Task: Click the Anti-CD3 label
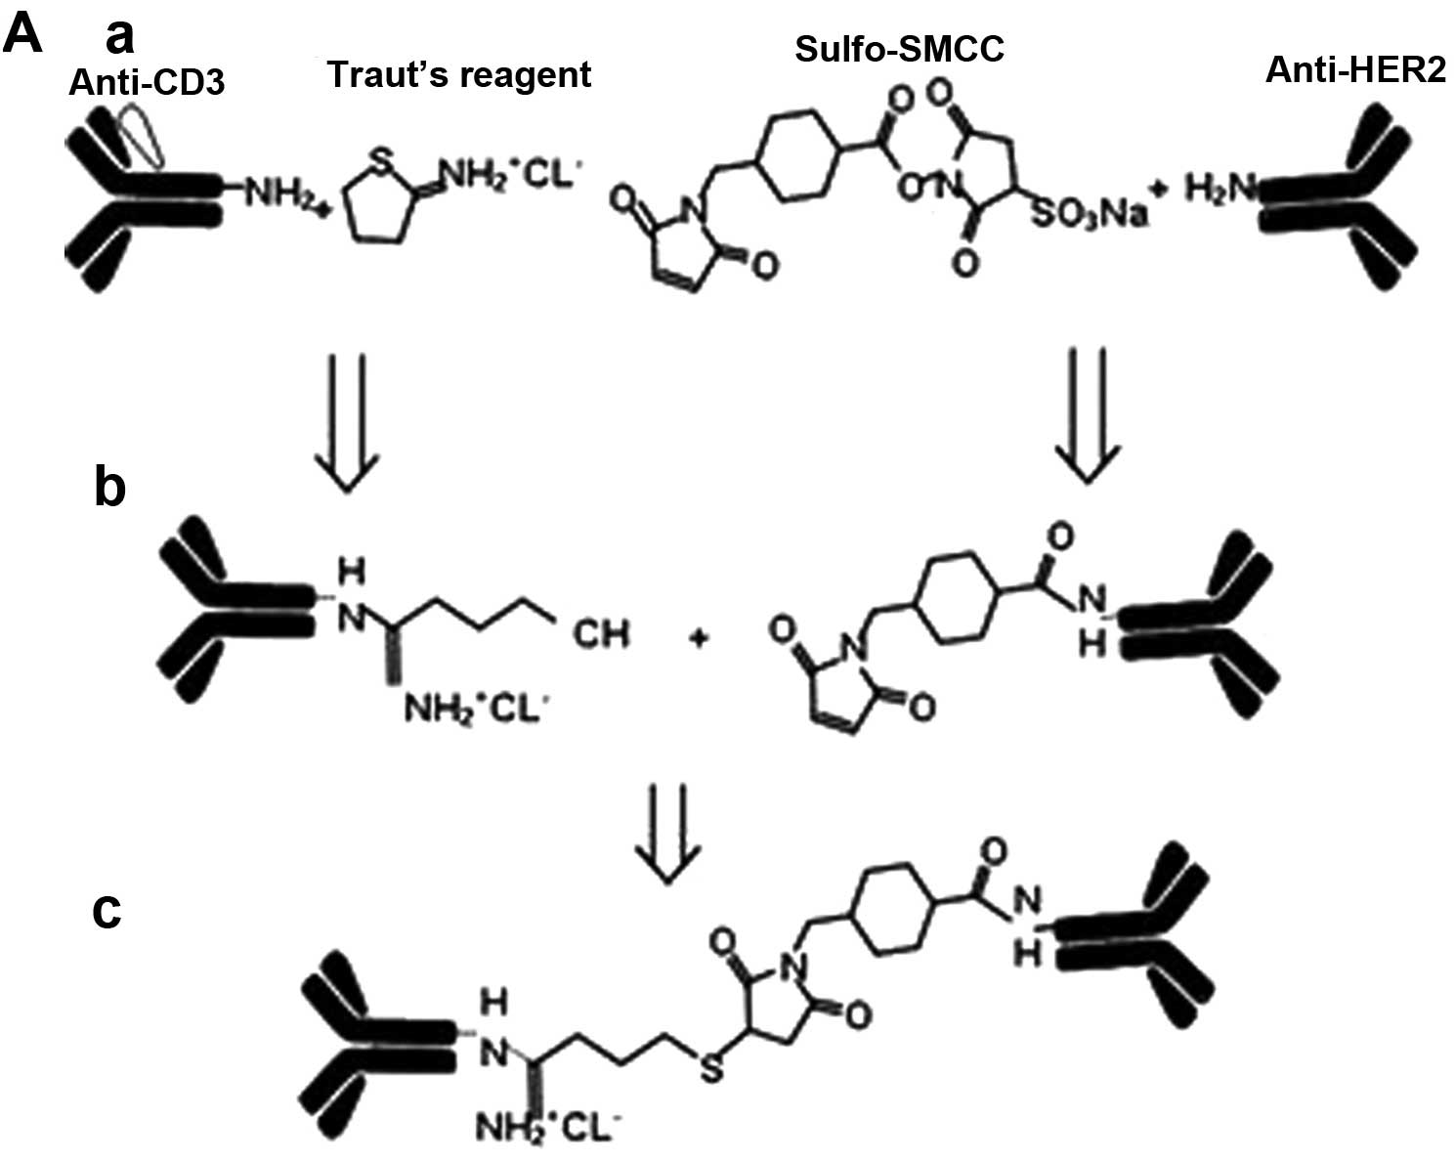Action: (x=147, y=82)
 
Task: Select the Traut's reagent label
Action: (x=459, y=74)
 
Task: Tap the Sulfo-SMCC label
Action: (x=899, y=48)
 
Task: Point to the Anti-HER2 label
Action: (x=1355, y=69)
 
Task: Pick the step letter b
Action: (x=109, y=487)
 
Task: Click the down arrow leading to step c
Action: (x=668, y=832)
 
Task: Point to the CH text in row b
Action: (x=600, y=635)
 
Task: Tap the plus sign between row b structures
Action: (x=702, y=640)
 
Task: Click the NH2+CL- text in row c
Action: (x=547, y=1132)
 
